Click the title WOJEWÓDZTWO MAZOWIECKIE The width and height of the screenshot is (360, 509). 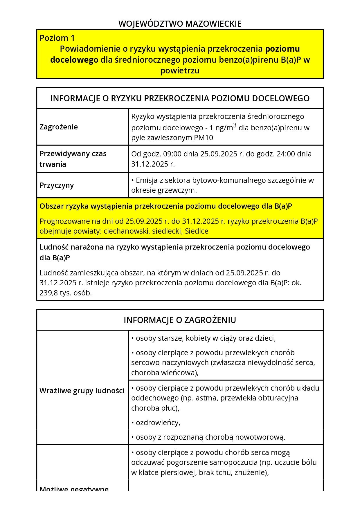tap(180, 24)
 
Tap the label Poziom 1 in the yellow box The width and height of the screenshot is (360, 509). tap(57, 38)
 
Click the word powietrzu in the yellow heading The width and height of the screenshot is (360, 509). tap(180, 71)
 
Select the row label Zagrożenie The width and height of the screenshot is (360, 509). tap(59, 127)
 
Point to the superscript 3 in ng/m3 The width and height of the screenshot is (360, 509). tap(235, 125)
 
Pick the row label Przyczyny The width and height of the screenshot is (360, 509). tap(57, 185)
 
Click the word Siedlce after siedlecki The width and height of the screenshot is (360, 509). tap(197, 231)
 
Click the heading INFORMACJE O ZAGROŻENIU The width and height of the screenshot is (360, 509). tap(180, 320)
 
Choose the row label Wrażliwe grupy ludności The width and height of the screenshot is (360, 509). tap(82, 391)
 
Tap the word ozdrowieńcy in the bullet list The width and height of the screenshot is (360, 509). tap(158, 423)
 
